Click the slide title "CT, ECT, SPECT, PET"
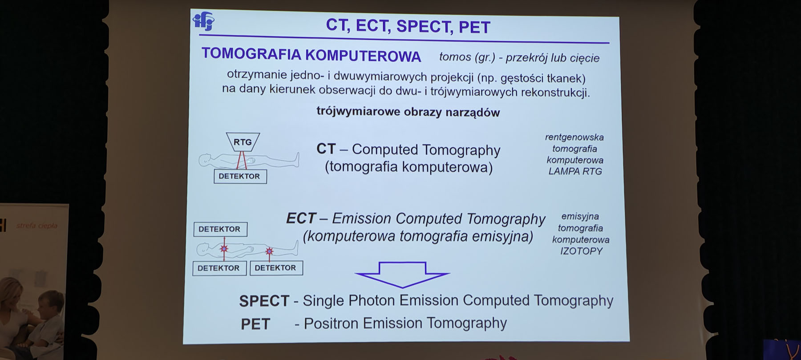408,26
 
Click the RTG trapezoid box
243,142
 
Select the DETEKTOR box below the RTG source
240,176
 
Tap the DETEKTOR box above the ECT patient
220,229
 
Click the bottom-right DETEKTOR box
276,268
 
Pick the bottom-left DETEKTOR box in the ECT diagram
219,268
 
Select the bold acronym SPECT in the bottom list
264,301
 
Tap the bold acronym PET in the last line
255,324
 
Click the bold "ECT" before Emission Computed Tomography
301,218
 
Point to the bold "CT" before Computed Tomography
326,149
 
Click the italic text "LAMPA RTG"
575,171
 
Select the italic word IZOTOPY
581,251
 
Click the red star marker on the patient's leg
269,252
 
